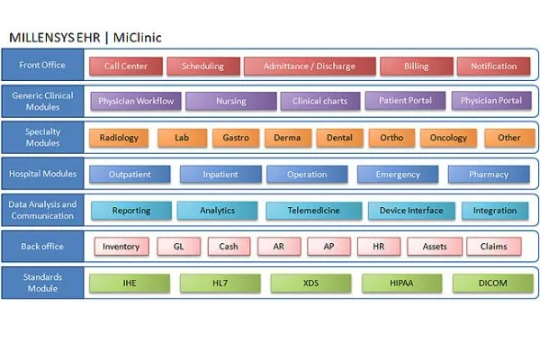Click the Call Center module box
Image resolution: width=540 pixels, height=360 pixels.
click(126, 66)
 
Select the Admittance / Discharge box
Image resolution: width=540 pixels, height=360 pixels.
click(310, 66)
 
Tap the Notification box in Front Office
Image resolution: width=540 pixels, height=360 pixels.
click(493, 66)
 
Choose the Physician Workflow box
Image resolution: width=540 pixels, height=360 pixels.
click(136, 101)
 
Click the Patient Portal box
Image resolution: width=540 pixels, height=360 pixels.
click(405, 101)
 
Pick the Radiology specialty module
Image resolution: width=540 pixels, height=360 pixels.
click(119, 138)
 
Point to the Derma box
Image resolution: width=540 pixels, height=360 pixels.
click(288, 138)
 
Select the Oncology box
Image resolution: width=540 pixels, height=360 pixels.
click(448, 138)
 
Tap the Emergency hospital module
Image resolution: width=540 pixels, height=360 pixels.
click(398, 175)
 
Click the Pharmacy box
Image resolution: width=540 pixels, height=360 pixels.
click(489, 175)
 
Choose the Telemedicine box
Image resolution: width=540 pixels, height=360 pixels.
click(314, 211)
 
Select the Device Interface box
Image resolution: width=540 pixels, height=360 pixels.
click(411, 211)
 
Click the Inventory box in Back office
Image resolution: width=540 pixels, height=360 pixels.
click(121, 247)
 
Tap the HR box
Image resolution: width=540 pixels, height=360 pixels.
click(379, 247)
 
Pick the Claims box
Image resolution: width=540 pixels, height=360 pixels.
click(493, 247)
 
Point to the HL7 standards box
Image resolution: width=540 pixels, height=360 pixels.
click(220, 283)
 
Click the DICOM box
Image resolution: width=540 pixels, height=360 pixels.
click(493, 283)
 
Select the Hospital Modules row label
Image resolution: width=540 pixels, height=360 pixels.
click(42, 174)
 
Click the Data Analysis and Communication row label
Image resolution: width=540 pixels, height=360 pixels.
click(42, 210)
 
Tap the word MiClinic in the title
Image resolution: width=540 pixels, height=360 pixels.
click(138, 37)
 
